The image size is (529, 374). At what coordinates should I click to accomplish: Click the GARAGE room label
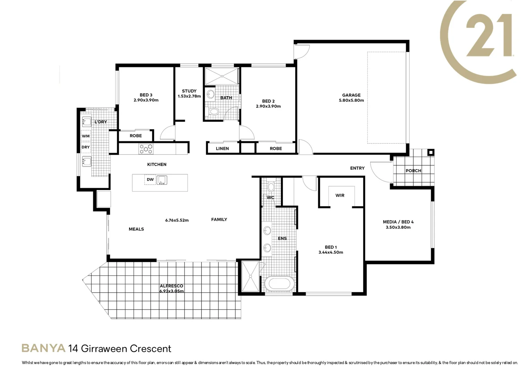(x=351, y=95)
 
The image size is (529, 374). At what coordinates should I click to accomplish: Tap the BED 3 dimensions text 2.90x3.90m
(x=146, y=100)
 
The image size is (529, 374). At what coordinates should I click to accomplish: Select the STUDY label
(x=189, y=91)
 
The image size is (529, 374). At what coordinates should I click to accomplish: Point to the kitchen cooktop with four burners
(x=146, y=149)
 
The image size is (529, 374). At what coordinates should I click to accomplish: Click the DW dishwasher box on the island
(x=150, y=180)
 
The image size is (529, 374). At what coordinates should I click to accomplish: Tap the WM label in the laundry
(x=86, y=136)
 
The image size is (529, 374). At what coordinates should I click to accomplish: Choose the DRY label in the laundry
(x=86, y=147)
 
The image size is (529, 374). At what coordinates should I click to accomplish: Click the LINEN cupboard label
(x=222, y=149)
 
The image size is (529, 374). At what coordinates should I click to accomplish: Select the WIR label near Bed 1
(x=340, y=195)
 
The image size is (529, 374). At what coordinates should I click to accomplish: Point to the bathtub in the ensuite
(x=279, y=284)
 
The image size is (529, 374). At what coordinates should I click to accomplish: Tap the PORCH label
(x=413, y=171)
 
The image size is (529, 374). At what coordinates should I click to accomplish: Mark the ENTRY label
(x=357, y=168)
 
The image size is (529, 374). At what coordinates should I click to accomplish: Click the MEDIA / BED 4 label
(x=398, y=222)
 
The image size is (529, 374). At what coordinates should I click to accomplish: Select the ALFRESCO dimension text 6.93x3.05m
(x=171, y=291)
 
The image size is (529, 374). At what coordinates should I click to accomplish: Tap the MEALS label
(x=136, y=229)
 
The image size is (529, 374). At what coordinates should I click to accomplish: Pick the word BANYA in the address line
(x=44, y=348)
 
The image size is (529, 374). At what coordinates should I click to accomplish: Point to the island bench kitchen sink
(x=162, y=180)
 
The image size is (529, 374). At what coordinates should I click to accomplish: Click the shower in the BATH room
(x=222, y=76)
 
